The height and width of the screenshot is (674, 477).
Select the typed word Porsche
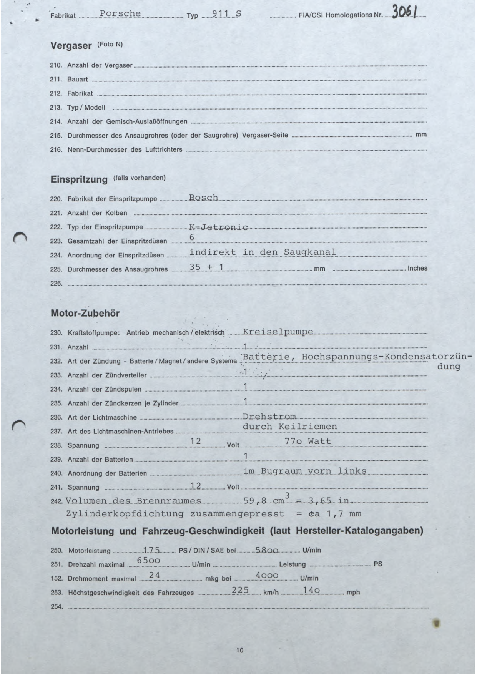pos(120,13)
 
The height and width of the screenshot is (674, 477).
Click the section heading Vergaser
pos(71,46)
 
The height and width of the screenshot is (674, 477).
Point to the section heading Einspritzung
pos(79,179)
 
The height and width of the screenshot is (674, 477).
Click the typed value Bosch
pos(203,198)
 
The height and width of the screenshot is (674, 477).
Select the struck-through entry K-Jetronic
pos(218,227)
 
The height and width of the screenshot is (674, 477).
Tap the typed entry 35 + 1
pos(207,267)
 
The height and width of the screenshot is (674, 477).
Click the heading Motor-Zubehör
pos(85,313)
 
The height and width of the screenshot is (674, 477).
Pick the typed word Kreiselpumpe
pos(278,332)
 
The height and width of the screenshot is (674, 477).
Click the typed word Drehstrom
pos(269,417)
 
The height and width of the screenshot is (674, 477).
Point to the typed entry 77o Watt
pos(307,441)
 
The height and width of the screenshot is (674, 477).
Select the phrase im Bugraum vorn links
pos(305,471)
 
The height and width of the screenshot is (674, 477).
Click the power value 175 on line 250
pos(151,549)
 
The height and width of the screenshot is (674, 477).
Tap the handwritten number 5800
pos(266,550)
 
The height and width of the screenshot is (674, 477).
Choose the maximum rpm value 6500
pos(148,560)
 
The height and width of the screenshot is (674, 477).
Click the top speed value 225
pos(240,590)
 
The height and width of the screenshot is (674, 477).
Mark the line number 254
pos(57,607)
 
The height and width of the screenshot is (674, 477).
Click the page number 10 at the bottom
pos(240,650)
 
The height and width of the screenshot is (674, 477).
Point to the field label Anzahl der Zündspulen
pos(105,389)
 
